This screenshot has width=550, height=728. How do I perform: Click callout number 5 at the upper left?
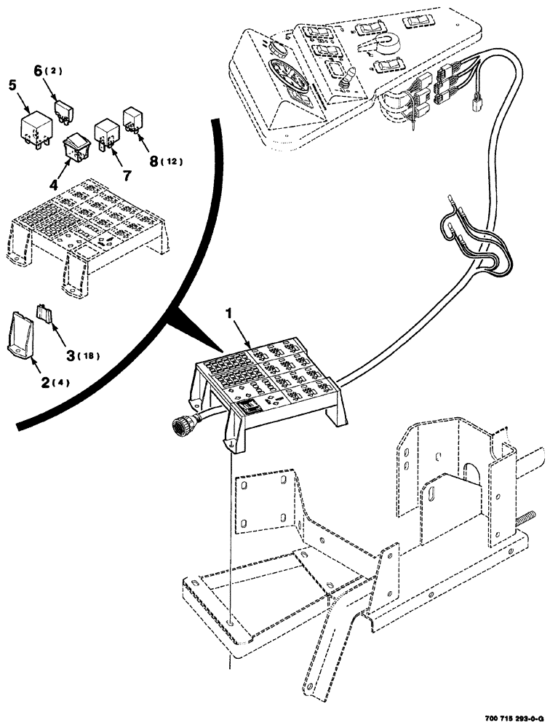tap(12, 84)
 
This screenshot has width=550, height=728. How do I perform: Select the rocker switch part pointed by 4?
tap(75, 149)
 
